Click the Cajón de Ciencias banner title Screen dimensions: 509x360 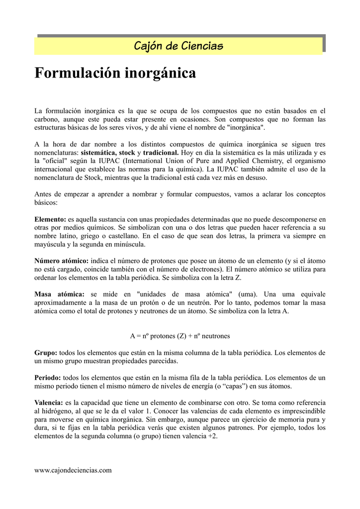[x=179, y=46]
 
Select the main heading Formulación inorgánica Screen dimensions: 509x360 [x=115, y=74]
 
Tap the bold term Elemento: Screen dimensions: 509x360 [x=50, y=219]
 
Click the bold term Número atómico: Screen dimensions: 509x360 [x=61, y=260]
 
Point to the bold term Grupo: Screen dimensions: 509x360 [x=46, y=352]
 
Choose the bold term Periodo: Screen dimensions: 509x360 [x=48, y=378]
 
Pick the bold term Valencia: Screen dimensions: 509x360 [x=49, y=403]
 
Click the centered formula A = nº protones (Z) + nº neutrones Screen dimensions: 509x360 [x=180, y=336]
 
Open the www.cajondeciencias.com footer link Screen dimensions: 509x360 [x=73, y=470]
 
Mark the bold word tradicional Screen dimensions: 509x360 [x=161, y=152]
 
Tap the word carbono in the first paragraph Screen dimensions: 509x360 [x=46, y=119]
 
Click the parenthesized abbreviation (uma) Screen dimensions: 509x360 [x=249, y=293]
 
